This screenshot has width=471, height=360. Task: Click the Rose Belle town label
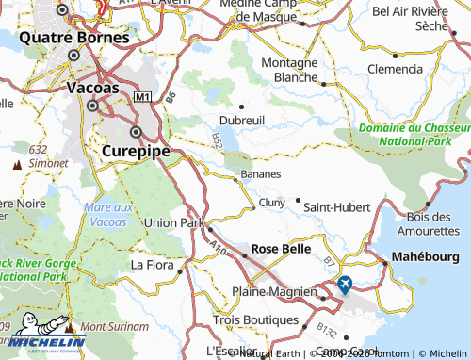277,250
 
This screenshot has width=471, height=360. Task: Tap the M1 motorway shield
142,97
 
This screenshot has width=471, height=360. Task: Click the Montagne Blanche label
289,70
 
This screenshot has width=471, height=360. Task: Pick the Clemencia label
395,69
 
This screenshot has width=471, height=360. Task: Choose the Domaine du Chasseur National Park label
414,134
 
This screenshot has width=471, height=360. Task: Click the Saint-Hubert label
336,206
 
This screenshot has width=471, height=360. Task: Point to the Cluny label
271,202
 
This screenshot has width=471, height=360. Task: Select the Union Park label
174,223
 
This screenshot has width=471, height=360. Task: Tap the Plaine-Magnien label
274,292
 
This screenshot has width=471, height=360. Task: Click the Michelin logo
43,341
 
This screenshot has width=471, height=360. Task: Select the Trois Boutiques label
254,320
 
